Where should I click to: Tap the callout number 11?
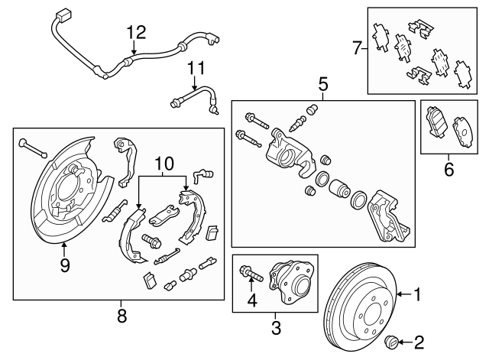[x=197, y=68]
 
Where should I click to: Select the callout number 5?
[x=322, y=82]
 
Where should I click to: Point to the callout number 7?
[x=355, y=49]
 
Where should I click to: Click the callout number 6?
[x=449, y=170]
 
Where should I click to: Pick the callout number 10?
[x=160, y=163]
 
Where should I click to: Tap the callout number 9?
[x=64, y=265]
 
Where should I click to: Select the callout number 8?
[x=121, y=314]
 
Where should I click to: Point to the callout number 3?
[x=277, y=329]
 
